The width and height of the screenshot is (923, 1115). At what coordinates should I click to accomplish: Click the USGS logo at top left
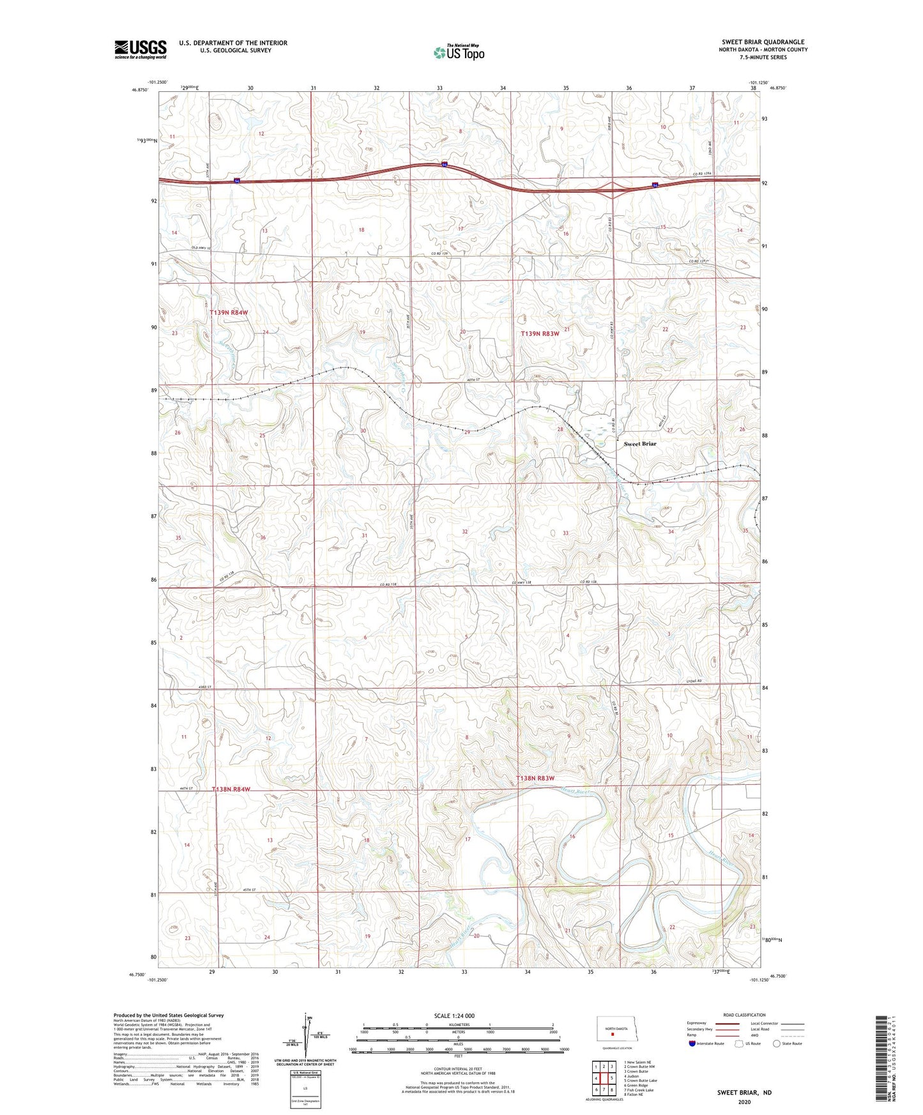[x=141, y=49]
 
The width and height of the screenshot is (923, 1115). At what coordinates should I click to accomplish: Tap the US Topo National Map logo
[x=459, y=52]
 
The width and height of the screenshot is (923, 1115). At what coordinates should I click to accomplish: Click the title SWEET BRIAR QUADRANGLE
[x=763, y=42]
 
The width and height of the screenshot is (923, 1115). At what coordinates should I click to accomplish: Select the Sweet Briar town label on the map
[x=639, y=444]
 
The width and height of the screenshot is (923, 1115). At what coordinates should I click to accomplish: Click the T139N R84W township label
[x=229, y=312]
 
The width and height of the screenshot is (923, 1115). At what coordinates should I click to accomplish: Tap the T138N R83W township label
[x=535, y=778]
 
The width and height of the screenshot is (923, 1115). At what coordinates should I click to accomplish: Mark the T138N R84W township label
[x=231, y=789]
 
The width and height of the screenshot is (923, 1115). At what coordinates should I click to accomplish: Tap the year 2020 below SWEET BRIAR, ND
[x=744, y=1102]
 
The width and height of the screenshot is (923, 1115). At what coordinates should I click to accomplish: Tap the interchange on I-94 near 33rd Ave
[x=612, y=188]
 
